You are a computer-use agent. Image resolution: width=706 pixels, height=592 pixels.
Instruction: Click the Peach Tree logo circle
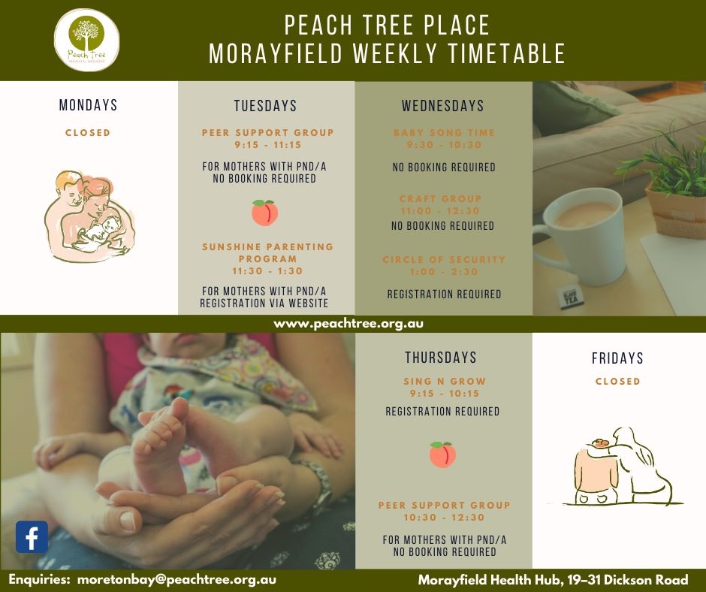tap(87, 40)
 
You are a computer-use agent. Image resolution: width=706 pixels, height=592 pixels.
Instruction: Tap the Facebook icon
tap(32, 537)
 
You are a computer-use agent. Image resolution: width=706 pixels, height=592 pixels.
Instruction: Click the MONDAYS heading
tap(89, 106)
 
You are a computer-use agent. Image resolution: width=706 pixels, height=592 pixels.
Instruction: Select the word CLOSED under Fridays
tap(617, 381)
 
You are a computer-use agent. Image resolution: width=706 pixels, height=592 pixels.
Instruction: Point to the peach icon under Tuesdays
tap(264, 213)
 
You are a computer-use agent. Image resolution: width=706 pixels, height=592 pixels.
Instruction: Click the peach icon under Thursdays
tap(442, 454)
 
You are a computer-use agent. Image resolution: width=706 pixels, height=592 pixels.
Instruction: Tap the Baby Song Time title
tap(444, 133)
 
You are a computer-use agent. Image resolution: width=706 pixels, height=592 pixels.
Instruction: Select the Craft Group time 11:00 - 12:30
tap(441, 212)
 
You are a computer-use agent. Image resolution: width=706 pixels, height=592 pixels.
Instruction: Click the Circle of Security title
tap(444, 260)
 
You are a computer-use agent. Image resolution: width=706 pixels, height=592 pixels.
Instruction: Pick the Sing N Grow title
tap(445, 382)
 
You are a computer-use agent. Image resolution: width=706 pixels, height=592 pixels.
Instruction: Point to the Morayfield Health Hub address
tap(553, 581)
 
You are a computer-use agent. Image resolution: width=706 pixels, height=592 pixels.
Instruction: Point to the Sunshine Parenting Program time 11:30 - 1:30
tap(267, 271)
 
